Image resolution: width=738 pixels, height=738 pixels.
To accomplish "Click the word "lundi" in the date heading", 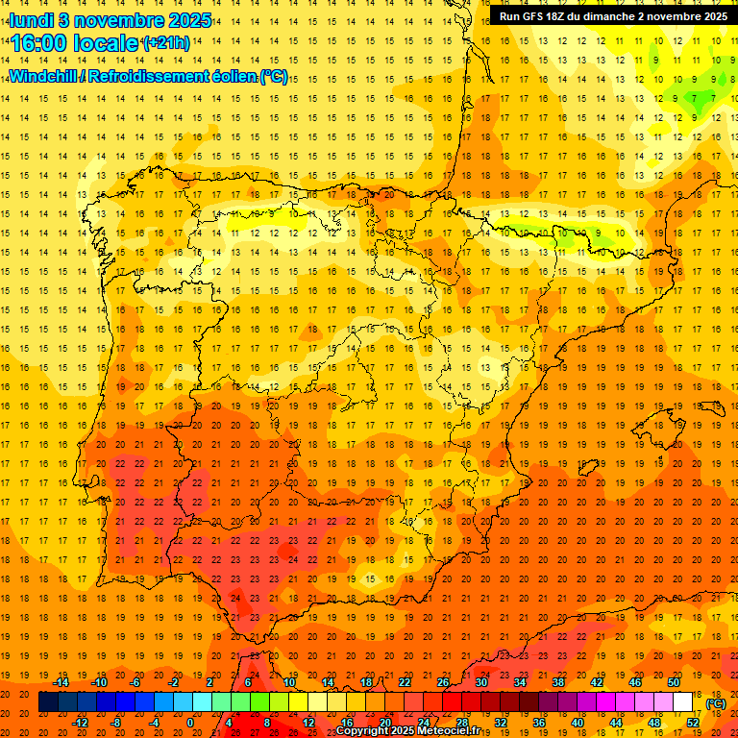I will tap(32, 19).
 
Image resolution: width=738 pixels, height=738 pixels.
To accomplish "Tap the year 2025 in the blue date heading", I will tap(189, 19).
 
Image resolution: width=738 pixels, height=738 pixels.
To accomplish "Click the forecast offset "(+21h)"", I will tap(166, 43).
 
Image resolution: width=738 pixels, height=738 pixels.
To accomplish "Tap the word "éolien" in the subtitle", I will tap(235, 76).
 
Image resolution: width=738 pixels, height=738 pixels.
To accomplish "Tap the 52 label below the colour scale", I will tap(694, 723).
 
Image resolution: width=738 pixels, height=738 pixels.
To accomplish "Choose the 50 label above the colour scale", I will tap(674, 682).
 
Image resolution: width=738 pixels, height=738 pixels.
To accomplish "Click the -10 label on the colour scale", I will tap(98, 682).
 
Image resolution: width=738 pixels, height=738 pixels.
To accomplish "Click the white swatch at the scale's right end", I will tap(682, 702).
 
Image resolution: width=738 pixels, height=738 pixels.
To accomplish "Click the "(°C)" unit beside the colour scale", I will tap(716, 703).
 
